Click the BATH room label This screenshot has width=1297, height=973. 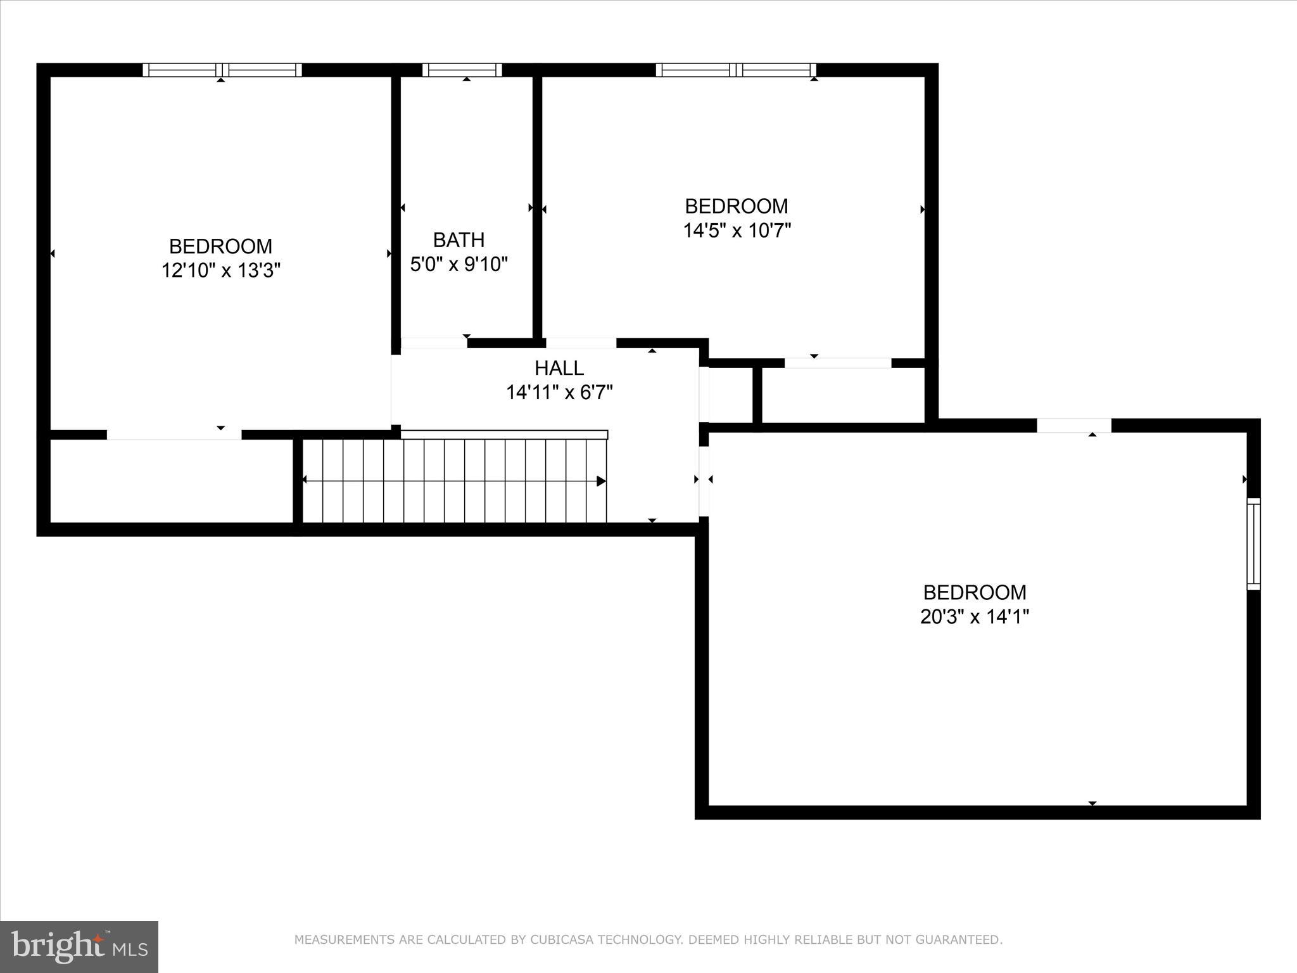click(459, 239)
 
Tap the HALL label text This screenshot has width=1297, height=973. click(559, 368)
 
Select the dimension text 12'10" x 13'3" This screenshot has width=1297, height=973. click(220, 270)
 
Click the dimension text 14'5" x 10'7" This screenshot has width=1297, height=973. click(737, 231)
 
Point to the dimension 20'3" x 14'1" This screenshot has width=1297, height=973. click(974, 616)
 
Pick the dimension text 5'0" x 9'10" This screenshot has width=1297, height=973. click(459, 264)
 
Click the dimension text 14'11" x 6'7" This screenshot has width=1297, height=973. click(559, 393)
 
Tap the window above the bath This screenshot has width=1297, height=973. click(462, 70)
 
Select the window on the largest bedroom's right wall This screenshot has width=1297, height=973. click(1253, 544)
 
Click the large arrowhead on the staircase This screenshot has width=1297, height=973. click(600, 481)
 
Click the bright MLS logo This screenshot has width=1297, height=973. click(79, 946)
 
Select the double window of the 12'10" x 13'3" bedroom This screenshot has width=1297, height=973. click(222, 70)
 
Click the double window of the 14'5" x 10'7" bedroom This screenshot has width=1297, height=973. click(736, 70)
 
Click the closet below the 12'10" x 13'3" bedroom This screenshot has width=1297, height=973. click(171, 481)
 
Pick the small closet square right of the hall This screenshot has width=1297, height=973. click(730, 395)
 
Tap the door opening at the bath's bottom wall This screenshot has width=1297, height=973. click(434, 343)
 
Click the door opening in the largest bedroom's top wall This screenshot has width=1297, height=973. click(1073, 426)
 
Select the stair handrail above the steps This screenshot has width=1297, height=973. click(504, 435)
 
